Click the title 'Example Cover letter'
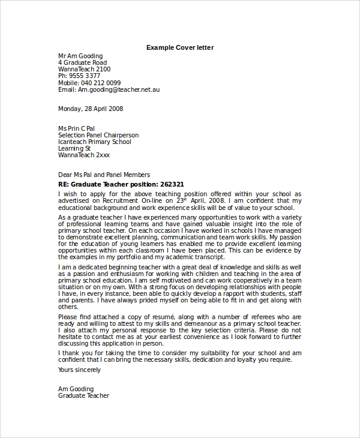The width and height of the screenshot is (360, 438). coord(179,47)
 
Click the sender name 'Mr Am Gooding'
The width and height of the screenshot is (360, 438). coord(80,56)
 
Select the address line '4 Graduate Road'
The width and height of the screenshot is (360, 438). coord(82,62)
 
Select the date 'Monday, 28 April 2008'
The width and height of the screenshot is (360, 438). coord(90,109)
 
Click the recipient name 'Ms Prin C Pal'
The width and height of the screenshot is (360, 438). coord(76,128)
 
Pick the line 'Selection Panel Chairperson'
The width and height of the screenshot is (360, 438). coord(98,135)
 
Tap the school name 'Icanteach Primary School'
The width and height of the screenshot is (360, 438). coord(94,142)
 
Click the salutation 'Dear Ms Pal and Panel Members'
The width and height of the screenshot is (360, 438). coord(104,175)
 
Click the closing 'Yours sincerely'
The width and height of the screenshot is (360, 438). coord(79,370)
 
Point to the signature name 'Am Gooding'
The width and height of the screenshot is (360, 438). coord(74,389)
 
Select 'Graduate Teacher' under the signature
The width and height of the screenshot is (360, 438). coord(83,396)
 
